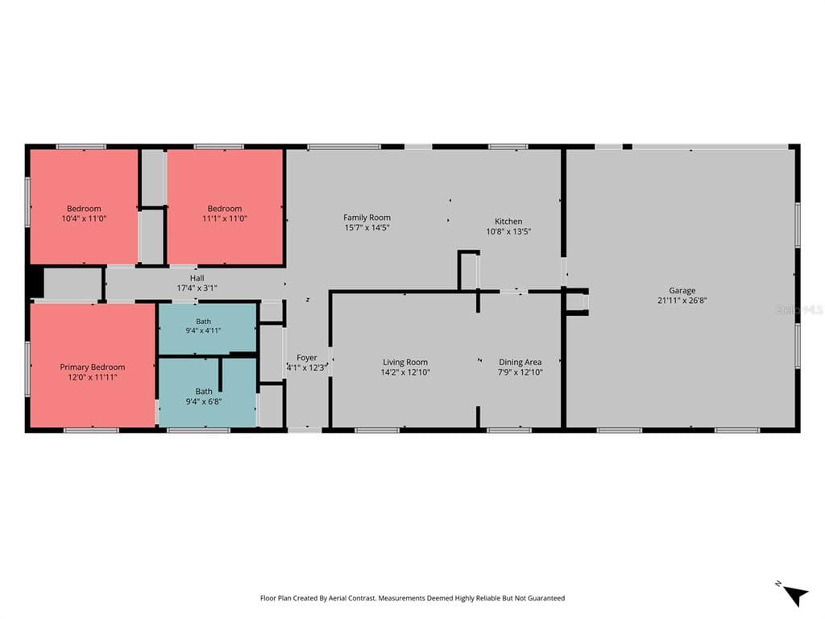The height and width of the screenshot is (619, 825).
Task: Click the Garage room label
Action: click(682, 290)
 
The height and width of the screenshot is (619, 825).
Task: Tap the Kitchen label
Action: click(508, 222)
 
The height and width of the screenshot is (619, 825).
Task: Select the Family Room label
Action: click(367, 218)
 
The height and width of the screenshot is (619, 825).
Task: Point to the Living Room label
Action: click(405, 362)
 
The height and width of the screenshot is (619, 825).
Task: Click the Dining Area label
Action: click(520, 362)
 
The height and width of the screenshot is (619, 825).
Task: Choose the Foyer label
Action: click(307, 358)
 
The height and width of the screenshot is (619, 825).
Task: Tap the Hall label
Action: click(197, 278)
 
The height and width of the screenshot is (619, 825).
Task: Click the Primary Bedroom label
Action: click(93, 367)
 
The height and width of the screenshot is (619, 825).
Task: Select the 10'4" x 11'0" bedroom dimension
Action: click(84, 218)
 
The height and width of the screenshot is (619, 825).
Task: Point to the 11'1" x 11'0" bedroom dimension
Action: click(225, 218)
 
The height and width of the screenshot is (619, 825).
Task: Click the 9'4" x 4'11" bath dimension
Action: click(203, 330)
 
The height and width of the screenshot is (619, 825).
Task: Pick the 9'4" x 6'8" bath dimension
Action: click(204, 401)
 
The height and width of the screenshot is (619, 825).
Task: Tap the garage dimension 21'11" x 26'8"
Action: click(682, 301)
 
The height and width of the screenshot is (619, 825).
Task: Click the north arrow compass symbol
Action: click(794, 594)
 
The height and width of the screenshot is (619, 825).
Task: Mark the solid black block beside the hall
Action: click(35, 283)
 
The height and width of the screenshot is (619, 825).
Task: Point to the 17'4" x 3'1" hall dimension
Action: click(197, 288)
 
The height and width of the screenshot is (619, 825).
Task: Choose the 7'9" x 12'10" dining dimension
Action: click(520, 372)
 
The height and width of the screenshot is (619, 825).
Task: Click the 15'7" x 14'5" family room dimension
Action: click(367, 227)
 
